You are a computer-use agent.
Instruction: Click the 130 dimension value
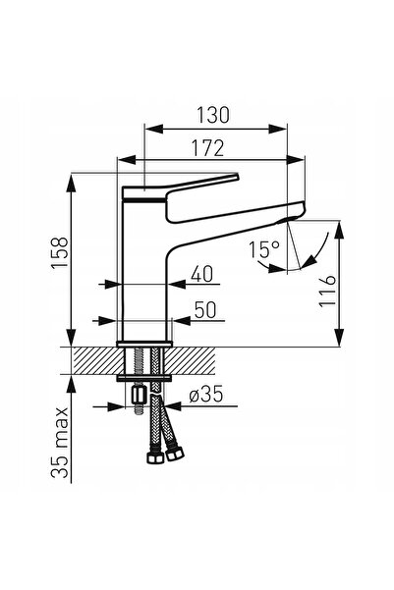(213, 115)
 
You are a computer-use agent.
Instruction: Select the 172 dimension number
(208, 148)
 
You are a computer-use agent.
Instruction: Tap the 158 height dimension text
(60, 252)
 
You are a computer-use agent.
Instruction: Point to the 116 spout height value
(326, 291)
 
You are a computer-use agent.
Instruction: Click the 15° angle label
(264, 249)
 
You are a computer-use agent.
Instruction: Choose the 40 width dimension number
(201, 274)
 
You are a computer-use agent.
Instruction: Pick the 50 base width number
(205, 310)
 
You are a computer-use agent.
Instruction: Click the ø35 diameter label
(206, 395)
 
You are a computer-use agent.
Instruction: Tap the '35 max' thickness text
(60, 443)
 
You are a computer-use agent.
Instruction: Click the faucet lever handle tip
(237, 177)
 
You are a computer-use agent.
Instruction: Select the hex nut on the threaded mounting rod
(139, 396)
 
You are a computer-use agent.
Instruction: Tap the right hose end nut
(174, 454)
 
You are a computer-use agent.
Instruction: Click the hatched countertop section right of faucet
(191, 360)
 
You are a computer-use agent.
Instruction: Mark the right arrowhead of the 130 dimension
(278, 129)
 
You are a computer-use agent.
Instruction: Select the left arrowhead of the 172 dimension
(128, 160)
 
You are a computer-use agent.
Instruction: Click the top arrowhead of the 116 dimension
(339, 231)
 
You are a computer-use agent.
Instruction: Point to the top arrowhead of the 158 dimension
(71, 184)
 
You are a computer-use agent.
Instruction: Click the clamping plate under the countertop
(144, 378)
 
